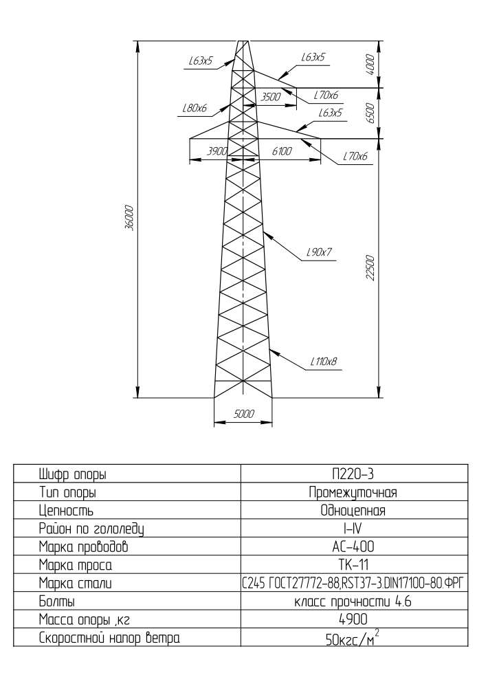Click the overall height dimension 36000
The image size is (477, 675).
[130, 219]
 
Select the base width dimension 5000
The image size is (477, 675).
[244, 414]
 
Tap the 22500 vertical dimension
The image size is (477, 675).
[370, 268]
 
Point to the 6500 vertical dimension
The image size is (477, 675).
[370, 113]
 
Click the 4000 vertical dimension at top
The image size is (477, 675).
[370, 65]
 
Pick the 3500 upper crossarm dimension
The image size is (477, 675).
[271, 97]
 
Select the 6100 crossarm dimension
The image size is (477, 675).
[282, 151]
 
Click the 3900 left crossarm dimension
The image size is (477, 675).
[217, 151]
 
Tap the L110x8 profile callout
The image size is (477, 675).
[324, 362]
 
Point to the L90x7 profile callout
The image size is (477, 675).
[319, 252]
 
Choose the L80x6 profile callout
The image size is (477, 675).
[195, 108]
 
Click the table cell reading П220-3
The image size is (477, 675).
[353, 474]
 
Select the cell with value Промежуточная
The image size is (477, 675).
[353, 492]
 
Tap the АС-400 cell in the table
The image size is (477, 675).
[353, 546]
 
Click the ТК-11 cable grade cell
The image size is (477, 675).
[353, 564]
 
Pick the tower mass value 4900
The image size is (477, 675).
[353, 619]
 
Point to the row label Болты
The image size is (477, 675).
[57, 601]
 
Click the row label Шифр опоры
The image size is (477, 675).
[73, 474]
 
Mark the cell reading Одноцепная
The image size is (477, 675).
[353, 511]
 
